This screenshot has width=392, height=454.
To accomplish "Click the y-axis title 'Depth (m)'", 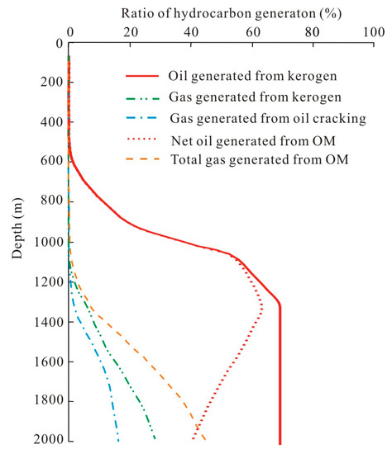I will tap(17, 229).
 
